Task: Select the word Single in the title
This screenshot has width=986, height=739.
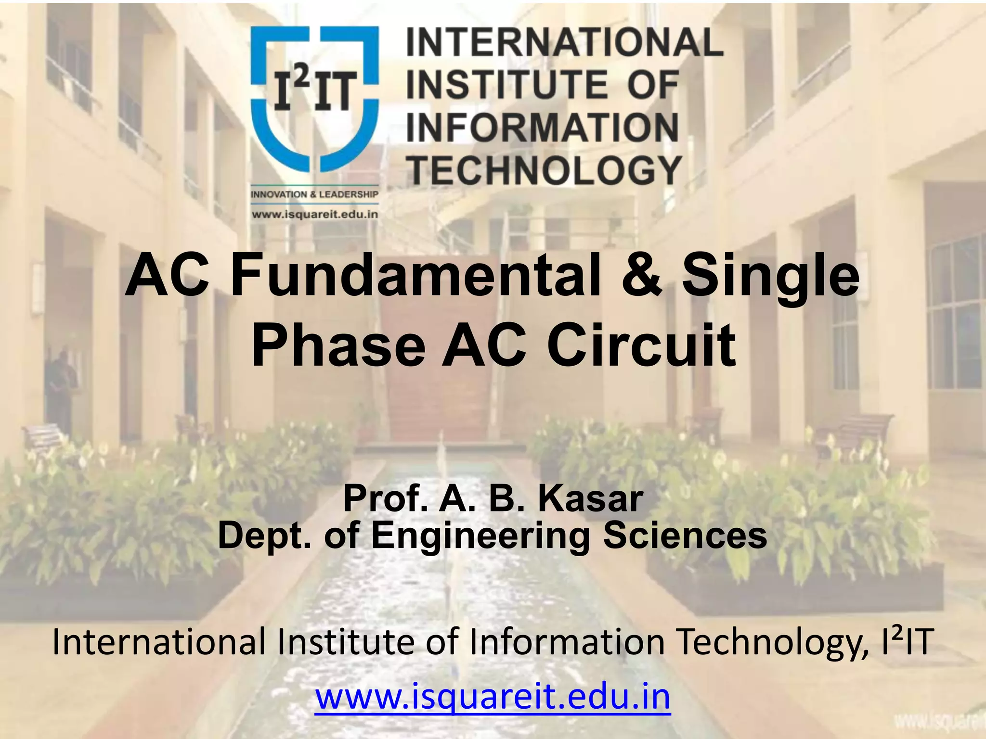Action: pos(770,277)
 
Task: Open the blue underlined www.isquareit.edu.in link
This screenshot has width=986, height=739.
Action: pos(493,696)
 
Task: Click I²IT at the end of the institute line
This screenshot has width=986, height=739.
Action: pos(908,642)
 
